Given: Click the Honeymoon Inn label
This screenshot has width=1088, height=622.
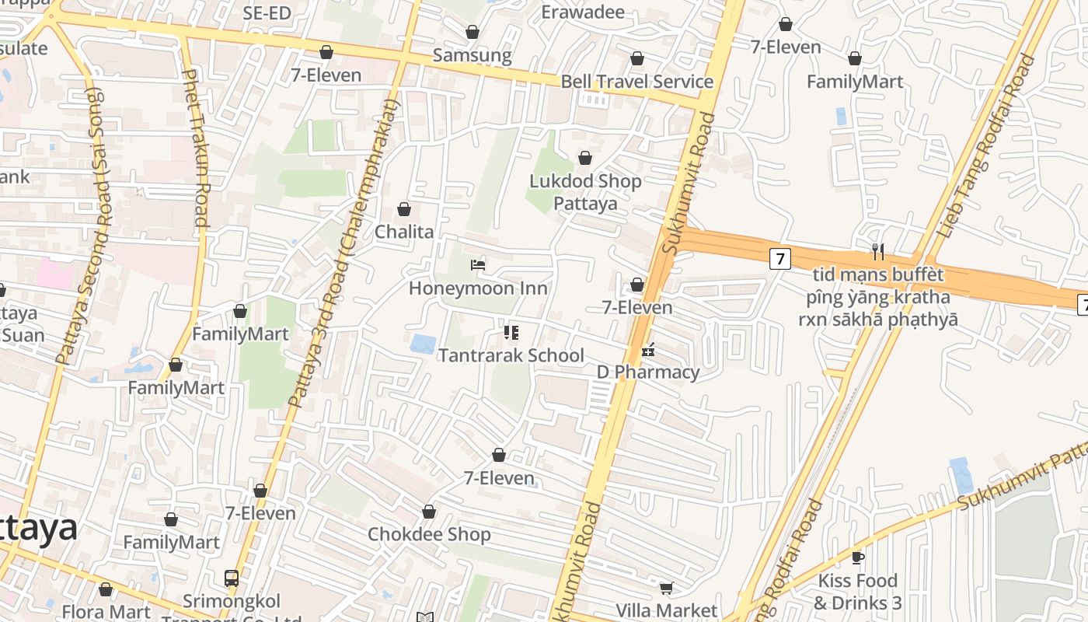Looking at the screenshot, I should (478, 288).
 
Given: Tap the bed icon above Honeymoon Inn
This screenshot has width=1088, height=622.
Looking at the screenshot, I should (478, 266).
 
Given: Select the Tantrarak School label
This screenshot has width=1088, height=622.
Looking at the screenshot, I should (511, 355).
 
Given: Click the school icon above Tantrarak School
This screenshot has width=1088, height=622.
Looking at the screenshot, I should (511, 334).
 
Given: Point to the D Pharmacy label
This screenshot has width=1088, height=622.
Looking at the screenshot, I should (648, 372).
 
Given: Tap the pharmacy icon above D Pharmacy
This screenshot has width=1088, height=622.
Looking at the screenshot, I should (648, 351).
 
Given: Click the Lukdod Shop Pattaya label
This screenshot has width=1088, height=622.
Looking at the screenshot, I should (585, 192).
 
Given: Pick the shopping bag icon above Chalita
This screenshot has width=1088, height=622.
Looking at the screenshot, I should (404, 209).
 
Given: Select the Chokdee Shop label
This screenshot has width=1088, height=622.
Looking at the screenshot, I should (429, 535).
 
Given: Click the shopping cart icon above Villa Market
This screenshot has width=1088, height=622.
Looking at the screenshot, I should (666, 588).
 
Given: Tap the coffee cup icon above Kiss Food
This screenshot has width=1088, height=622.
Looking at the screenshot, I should (858, 558).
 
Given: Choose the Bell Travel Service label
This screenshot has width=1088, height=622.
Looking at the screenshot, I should (636, 82).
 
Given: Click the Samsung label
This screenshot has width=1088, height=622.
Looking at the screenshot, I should (472, 55).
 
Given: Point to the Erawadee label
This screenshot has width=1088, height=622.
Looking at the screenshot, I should (583, 12).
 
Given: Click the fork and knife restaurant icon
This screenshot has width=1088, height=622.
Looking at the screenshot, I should (878, 251).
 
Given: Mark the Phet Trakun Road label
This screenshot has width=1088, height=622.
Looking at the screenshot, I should (195, 148).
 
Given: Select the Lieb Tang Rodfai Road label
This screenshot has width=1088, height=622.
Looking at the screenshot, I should (987, 146).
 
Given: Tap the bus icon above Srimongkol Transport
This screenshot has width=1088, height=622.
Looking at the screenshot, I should (232, 578).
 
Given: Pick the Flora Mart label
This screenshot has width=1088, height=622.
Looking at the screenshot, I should (106, 612).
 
